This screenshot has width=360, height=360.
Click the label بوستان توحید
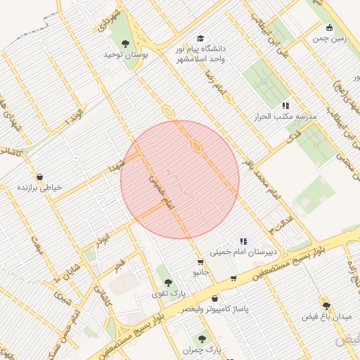tap(124, 54)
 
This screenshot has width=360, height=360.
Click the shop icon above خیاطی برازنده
tap(39, 176)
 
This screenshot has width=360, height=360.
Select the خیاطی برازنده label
tap(40, 188)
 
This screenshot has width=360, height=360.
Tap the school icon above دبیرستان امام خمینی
tap(243, 240)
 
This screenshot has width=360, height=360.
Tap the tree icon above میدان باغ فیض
tap(326, 304)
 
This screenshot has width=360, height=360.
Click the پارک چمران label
tap(202, 349)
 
